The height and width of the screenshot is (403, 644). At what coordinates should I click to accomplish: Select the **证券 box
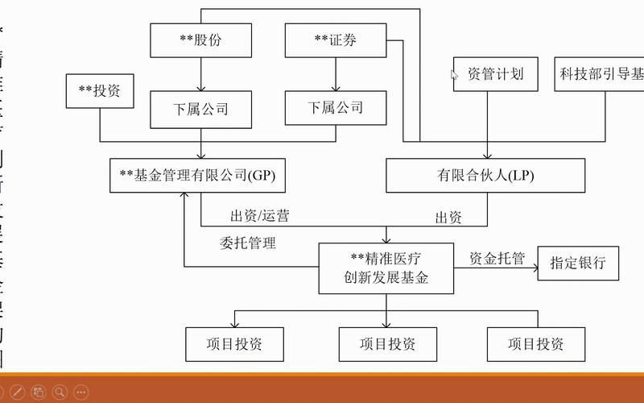[336, 39]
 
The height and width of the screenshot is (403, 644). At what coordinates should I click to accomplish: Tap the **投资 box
[99, 91]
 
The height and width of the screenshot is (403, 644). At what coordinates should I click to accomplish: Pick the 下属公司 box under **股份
[200, 108]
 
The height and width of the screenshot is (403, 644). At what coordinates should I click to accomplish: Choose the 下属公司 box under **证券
[336, 107]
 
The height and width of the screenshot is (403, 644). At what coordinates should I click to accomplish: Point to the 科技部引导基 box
[600, 74]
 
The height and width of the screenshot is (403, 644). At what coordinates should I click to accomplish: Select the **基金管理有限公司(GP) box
[197, 175]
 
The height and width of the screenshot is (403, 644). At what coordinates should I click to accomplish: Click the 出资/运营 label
[260, 215]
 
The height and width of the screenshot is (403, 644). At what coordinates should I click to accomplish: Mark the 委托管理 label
[248, 243]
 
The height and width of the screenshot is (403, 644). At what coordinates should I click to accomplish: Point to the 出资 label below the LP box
[448, 217]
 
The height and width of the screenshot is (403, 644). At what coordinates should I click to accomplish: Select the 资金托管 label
[497, 258]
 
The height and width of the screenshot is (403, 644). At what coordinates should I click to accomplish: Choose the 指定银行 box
[578, 263]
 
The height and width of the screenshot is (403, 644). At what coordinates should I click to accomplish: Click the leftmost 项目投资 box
[234, 344]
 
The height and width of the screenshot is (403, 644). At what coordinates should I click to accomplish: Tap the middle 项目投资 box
[387, 344]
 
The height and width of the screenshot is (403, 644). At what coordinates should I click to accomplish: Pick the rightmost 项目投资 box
[535, 344]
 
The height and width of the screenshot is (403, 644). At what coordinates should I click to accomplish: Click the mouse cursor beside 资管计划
[454, 75]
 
